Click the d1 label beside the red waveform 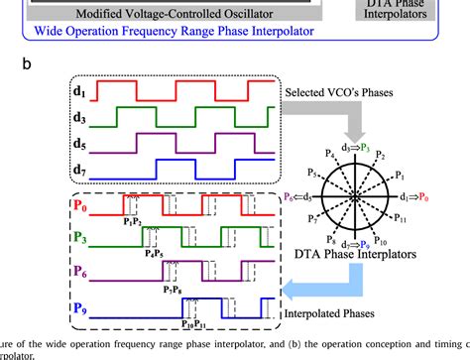tap(81, 96)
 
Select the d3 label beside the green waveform tap(81, 121)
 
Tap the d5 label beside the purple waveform tap(81, 147)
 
